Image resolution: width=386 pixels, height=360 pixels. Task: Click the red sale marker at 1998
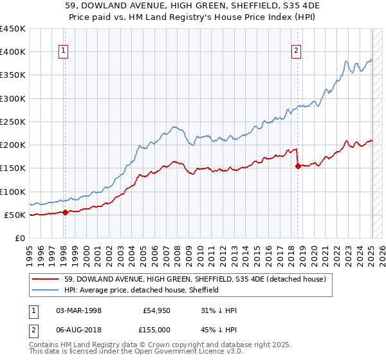coord(65,212)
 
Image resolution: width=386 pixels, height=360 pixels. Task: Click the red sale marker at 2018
coord(298,166)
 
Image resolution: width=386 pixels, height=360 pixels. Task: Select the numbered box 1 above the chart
coord(64,52)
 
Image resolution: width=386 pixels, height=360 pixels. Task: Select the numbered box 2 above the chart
coord(296,52)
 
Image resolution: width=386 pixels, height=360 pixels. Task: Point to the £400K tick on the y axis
coord(13,52)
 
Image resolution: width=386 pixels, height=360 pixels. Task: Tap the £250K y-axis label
coord(13,122)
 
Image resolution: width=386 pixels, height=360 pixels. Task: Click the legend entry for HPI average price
coord(142,290)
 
